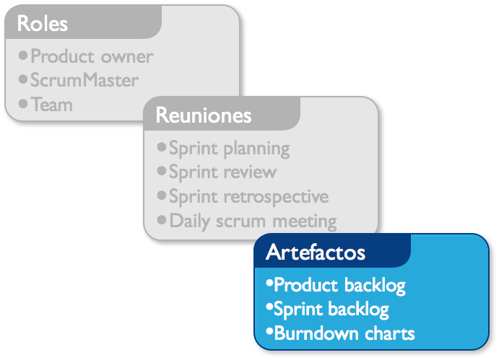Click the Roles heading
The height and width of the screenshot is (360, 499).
(43, 23)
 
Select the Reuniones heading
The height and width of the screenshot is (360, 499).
(204, 115)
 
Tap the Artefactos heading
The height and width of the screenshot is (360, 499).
(315, 253)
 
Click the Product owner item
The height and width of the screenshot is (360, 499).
(92, 56)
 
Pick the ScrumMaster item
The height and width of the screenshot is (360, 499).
(84, 80)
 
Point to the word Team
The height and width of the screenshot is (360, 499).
(52, 105)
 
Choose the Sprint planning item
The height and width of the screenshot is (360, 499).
(229, 149)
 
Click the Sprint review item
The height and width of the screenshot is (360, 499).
(222, 172)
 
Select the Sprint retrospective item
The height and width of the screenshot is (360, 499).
(248, 196)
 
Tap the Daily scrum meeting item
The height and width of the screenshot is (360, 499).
(253, 220)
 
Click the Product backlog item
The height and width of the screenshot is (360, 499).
(339, 286)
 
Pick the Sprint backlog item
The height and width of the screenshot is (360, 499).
(331, 309)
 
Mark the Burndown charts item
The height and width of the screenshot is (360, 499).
(344, 333)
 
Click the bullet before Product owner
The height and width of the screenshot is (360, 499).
(23, 55)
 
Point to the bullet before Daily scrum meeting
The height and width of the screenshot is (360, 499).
(162, 219)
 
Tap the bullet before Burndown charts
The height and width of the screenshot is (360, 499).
(269, 332)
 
